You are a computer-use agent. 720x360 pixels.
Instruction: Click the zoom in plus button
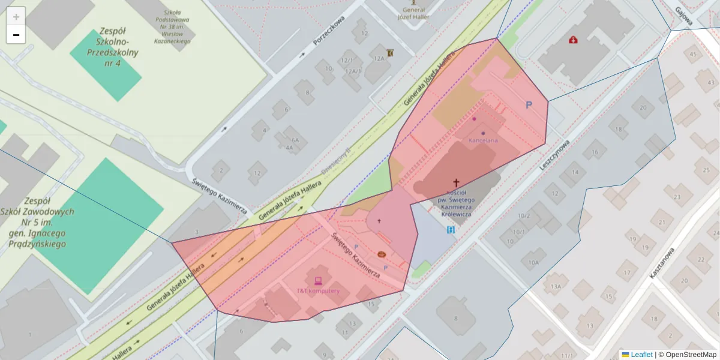16,16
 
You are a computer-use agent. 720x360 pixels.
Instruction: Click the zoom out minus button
16,35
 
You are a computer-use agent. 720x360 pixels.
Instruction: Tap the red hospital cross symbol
574,40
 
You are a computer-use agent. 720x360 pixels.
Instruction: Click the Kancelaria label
483,140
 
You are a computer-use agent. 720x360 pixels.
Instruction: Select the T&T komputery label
318,291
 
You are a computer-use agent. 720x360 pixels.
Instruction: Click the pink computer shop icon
318,280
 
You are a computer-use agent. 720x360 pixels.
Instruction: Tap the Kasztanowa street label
663,263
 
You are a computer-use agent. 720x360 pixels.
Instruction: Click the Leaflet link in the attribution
641,355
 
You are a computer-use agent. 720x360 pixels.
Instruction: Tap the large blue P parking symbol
529,105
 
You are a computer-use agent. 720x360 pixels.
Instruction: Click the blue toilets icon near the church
451,230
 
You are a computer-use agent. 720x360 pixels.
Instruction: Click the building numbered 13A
556,286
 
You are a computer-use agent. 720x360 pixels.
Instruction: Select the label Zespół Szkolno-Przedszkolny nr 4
113,47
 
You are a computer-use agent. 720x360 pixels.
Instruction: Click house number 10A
533,262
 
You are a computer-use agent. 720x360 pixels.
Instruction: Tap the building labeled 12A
379,58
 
